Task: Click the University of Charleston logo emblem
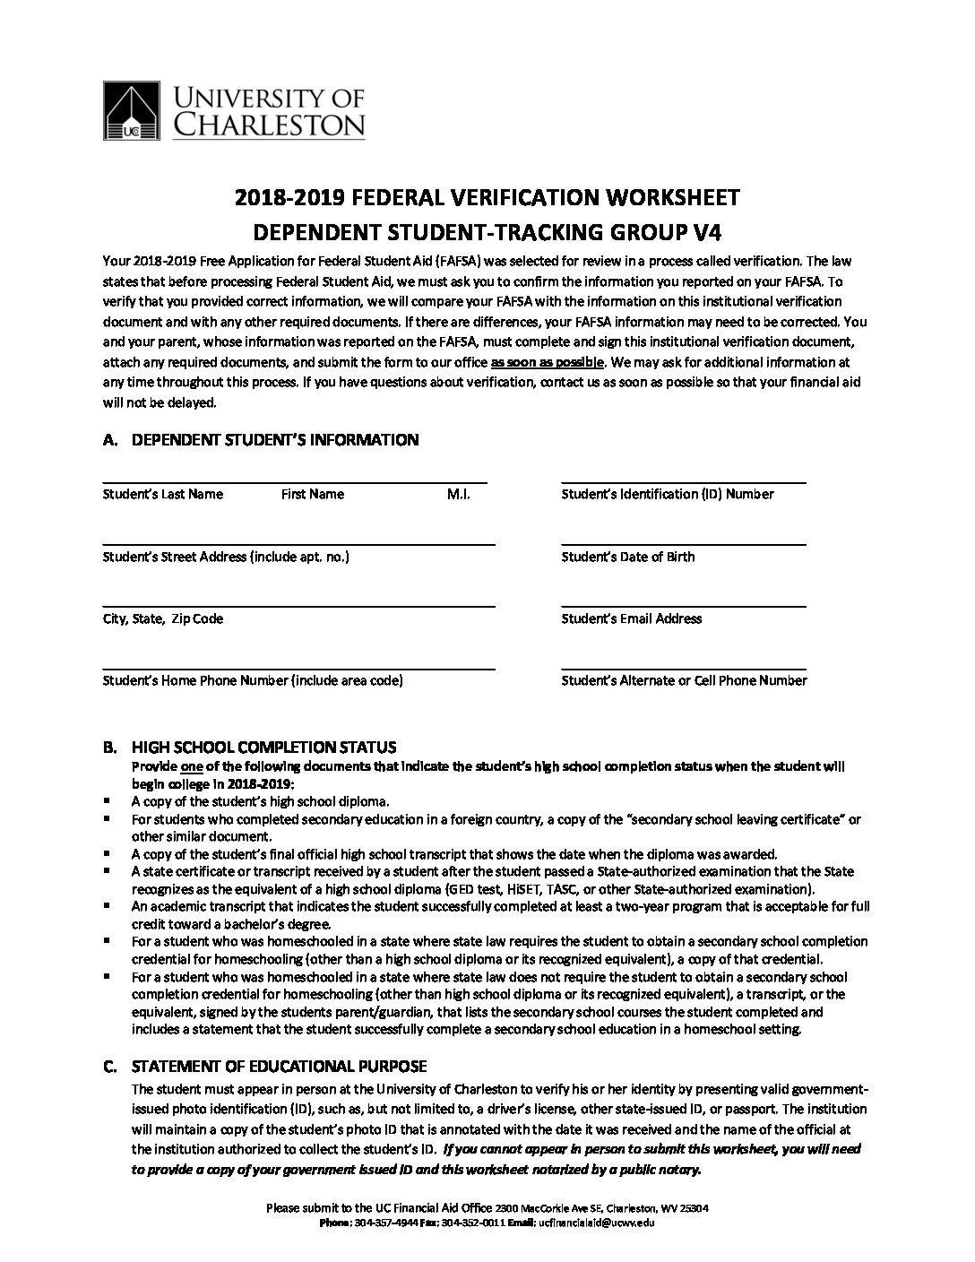133,110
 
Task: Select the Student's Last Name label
163,494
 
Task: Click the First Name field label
312,494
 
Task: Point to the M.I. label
458,494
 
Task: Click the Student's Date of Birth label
627,557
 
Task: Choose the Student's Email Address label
631,618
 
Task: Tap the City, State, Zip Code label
163,618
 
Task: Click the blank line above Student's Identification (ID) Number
683,481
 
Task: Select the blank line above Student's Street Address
298,543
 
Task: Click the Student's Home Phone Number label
253,680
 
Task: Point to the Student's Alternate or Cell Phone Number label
684,680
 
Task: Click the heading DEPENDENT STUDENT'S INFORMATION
274,440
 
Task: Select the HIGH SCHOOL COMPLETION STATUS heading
263,748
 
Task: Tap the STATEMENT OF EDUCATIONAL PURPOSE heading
279,1067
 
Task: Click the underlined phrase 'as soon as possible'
548,362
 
